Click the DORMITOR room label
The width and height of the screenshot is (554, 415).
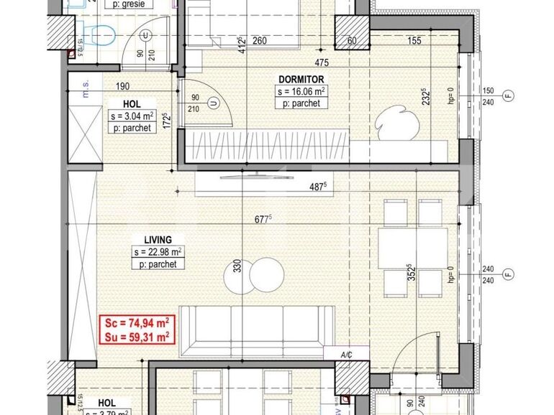pyautogui.click(x=301, y=79)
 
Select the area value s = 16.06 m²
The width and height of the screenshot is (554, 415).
pyautogui.click(x=301, y=91)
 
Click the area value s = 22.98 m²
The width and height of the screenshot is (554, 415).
pyautogui.click(x=158, y=251)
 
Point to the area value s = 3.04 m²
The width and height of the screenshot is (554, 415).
pyautogui.click(x=132, y=116)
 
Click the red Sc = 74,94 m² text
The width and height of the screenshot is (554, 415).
pyautogui.click(x=135, y=323)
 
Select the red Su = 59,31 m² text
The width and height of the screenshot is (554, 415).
pyautogui.click(x=135, y=335)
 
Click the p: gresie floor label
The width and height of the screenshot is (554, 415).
pyautogui.click(x=132, y=4)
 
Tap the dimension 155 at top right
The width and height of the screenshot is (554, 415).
pyautogui.click(x=414, y=40)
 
